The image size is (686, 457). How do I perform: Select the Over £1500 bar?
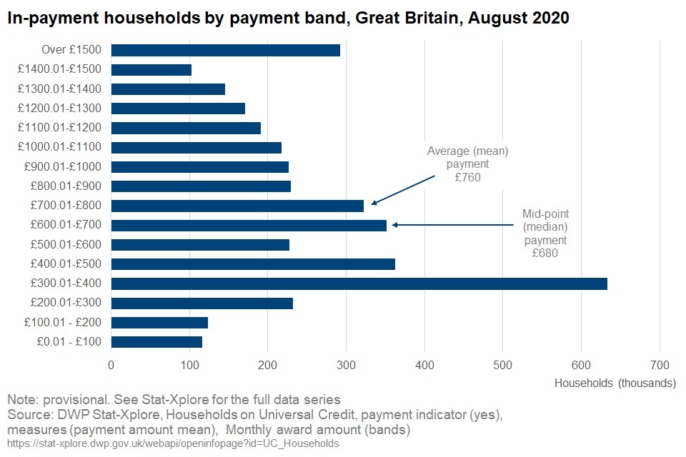click(225, 50)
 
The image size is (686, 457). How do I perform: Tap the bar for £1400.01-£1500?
click(151, 69)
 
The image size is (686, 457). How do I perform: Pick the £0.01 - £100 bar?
click(156, 342)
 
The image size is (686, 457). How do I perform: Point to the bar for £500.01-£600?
click(200, 245)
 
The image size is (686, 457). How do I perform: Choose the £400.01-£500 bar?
click(253, 264)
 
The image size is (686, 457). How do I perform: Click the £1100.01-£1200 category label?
click(62, 128)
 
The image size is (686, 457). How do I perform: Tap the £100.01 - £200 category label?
click(63, 323)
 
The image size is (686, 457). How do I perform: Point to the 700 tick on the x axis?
click(660, 365)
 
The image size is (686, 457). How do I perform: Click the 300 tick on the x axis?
click(346, 365)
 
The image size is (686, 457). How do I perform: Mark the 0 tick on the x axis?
click(111, 365)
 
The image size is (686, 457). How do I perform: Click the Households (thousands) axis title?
click(615, 383)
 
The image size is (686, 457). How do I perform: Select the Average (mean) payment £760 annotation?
click(467, 164)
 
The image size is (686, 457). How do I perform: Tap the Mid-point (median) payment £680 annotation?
click(545, 233)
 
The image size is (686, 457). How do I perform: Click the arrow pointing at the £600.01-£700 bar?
click(452, 225)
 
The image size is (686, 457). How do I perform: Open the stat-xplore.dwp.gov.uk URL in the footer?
click(173, 443)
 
